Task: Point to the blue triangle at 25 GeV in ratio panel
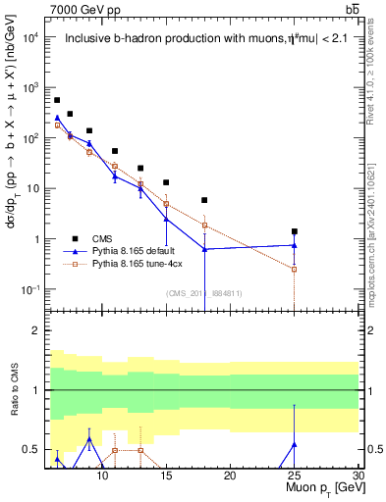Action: (x=294, y=444)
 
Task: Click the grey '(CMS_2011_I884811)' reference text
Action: (x=203, y=293)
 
